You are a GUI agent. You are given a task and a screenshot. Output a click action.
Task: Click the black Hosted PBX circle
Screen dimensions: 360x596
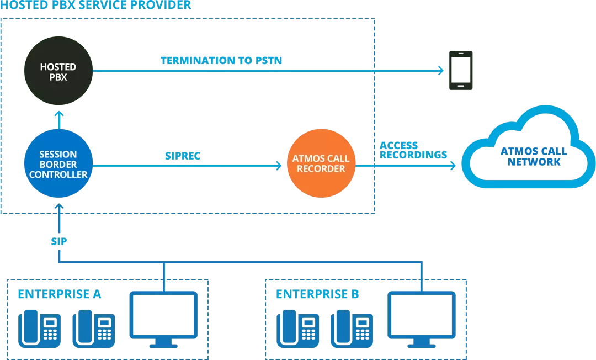[x=58, y=72]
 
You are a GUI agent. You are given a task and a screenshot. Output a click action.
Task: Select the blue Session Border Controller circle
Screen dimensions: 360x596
[x=58, y=165]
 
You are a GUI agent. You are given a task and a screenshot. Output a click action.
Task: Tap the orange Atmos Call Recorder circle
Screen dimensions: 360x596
[x=321, y=163]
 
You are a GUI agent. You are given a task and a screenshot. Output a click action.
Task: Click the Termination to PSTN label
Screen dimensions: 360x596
[x=221, y=60]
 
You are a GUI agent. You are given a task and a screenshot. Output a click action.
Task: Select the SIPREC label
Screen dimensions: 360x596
[x=182, y=156]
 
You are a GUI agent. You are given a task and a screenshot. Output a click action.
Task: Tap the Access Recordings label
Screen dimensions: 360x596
[x=412, y=151]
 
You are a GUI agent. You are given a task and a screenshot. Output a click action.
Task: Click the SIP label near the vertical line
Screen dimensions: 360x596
[x=58, y=242]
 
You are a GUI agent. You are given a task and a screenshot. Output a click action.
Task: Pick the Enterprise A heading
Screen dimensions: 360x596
[x=59, y=294]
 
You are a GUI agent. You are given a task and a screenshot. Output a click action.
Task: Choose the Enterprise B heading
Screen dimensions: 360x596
[x=317, y=294]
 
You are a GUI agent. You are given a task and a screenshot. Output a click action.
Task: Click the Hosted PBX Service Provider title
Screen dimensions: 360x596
[x=97, y=6]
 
